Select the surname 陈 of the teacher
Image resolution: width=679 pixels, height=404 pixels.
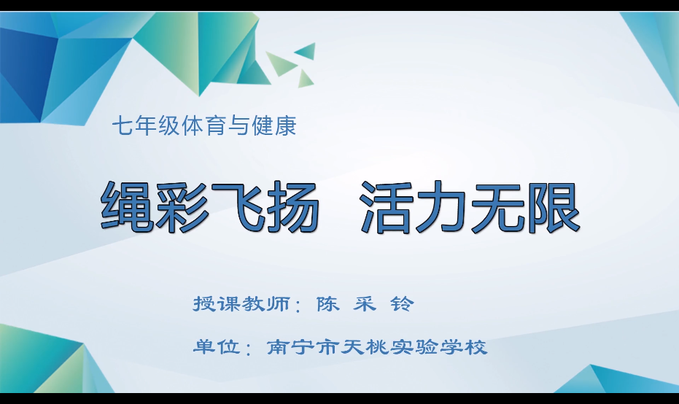[327, 304]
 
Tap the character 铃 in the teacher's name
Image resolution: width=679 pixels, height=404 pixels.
[402, 304]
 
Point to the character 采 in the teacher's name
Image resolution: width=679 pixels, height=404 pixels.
[365, 304]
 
